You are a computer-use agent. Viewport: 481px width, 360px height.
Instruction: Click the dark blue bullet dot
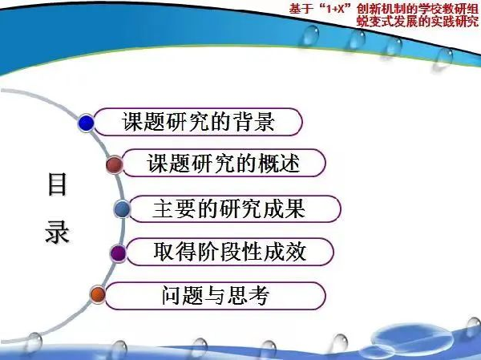coord(87,123)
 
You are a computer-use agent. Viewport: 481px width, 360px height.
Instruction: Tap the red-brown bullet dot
coord(115,164)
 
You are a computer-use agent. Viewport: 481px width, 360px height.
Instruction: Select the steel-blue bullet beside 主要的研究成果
coord(122,209)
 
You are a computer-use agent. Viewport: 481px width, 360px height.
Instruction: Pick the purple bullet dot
coord(118,253)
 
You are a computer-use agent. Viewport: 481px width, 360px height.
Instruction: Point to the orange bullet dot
coord(98,294)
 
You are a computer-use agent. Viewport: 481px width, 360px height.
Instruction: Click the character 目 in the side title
coord(58,184)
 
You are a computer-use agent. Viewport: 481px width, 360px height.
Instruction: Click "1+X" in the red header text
coord(334,9)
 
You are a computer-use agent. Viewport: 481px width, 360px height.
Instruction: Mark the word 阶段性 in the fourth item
coord(230,252)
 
